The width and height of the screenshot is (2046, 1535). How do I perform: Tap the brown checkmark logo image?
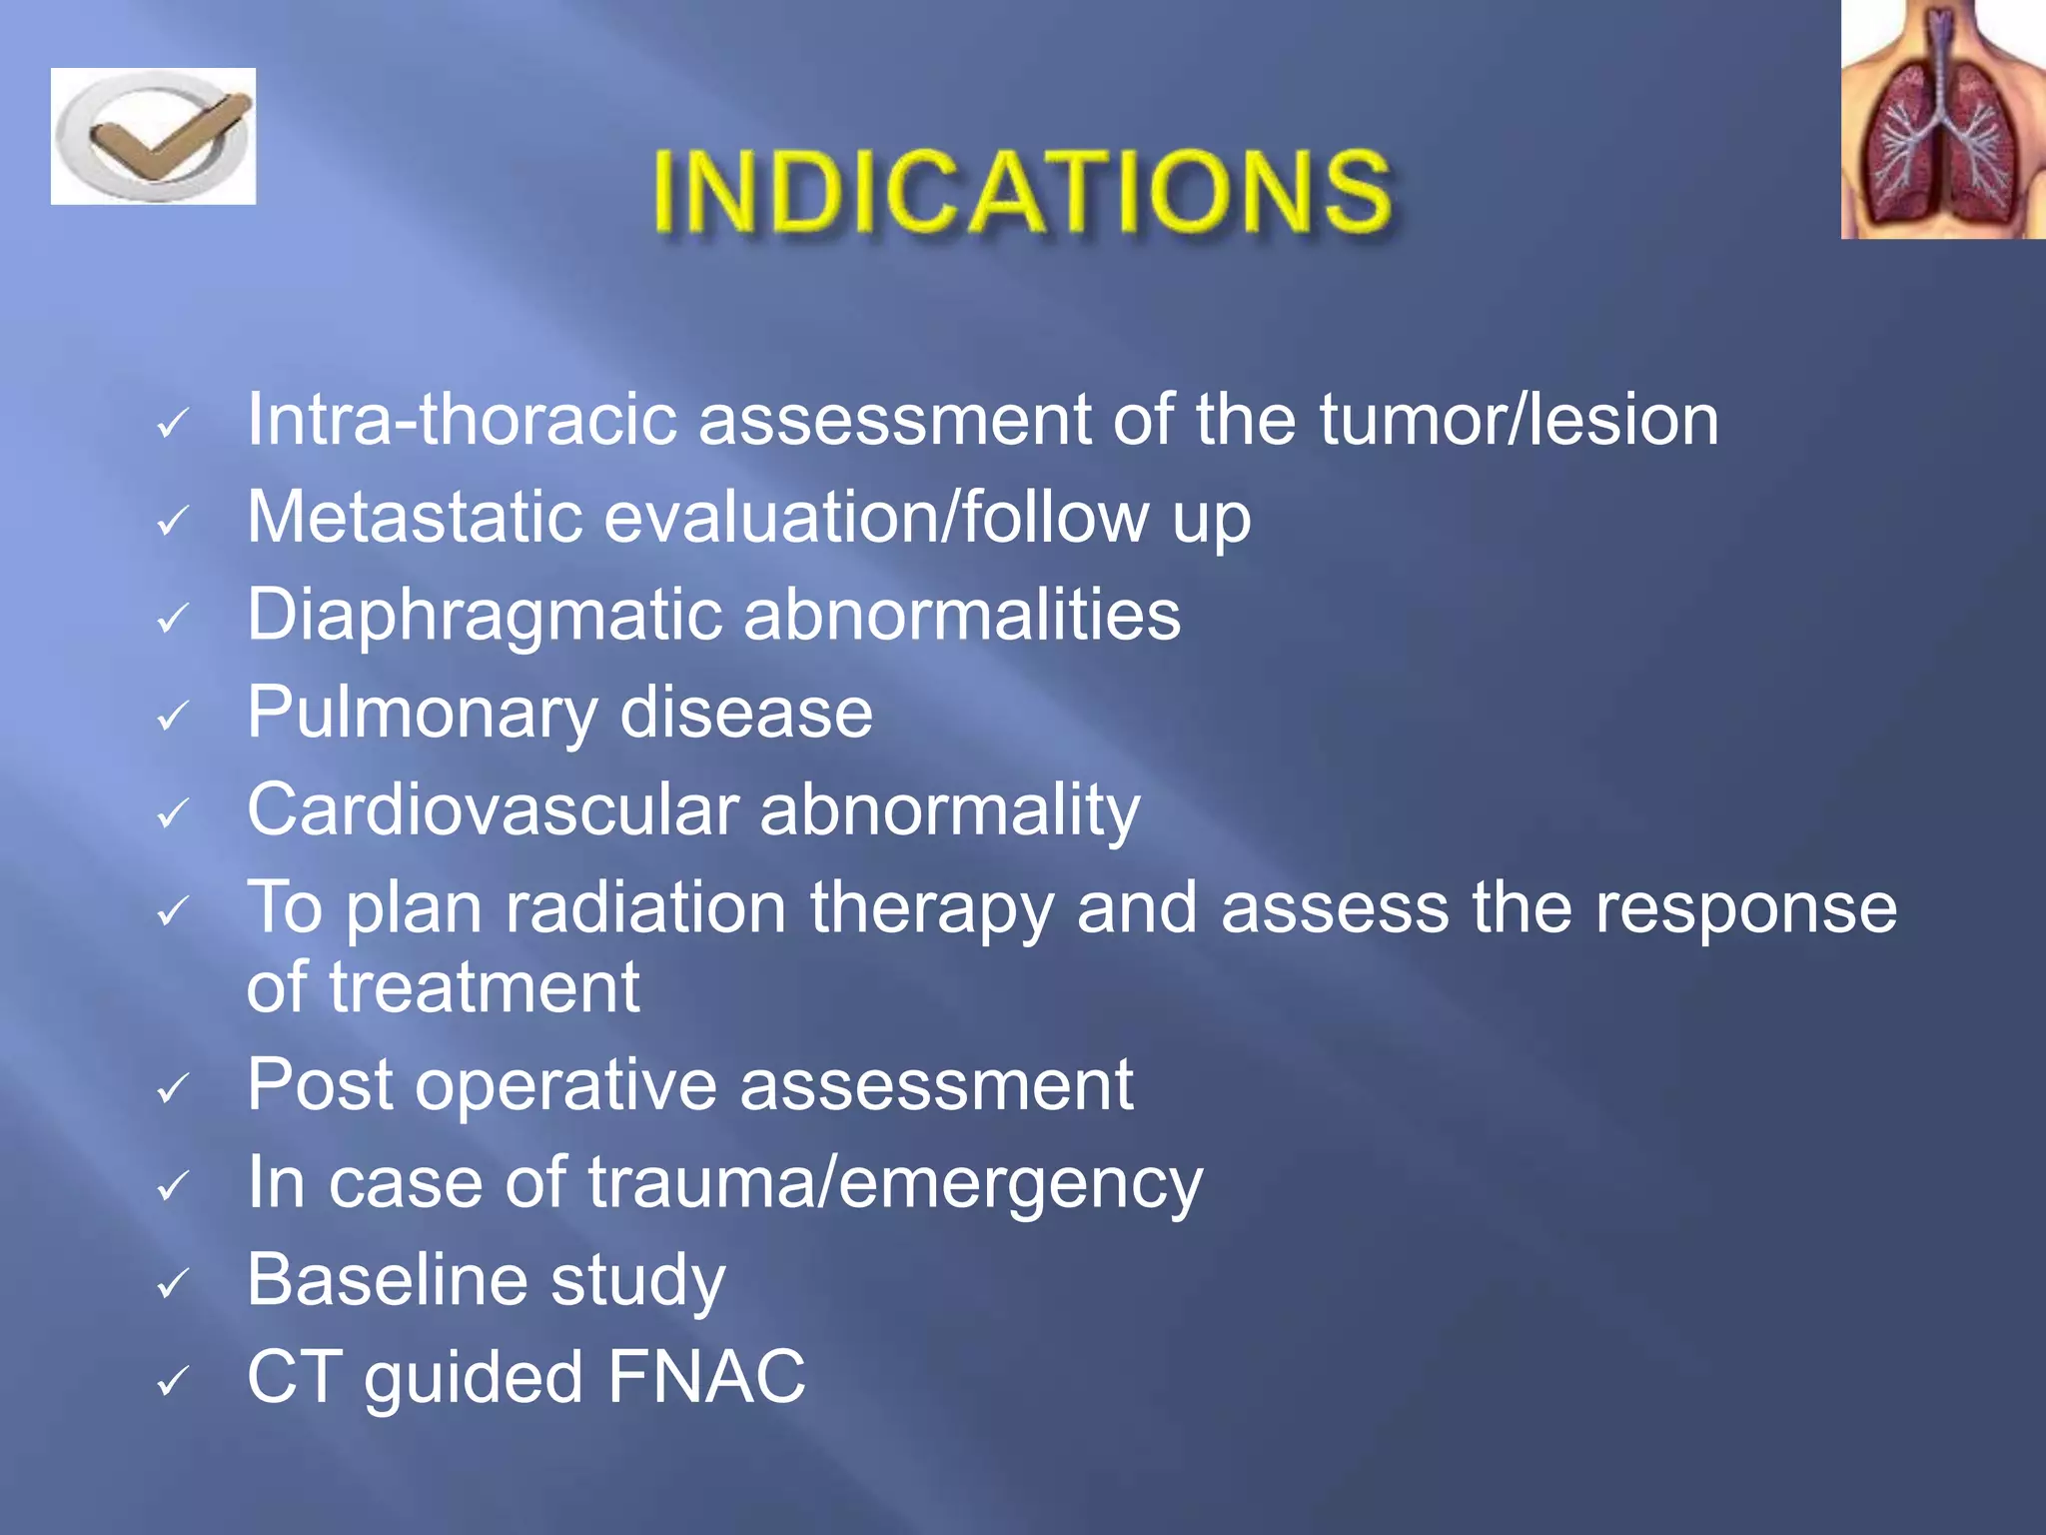[x=153, y=137]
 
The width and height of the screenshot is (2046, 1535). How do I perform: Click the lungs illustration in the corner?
[x=1942, y=120]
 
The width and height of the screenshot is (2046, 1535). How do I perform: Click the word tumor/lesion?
[x=1519, y=420]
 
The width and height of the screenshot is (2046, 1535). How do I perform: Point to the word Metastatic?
[x=414, y=518]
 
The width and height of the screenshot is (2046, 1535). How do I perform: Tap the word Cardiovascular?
[x=493, y=810]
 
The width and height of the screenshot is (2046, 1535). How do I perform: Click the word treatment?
[x=485, y=987]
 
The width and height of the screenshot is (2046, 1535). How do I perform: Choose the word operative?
[x=565, y=1085]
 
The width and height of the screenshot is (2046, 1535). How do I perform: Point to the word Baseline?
[x=388, y=1280]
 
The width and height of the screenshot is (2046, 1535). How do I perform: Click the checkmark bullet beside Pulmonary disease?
[x=173, y=716]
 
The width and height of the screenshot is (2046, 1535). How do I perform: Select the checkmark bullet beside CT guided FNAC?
[x=173, y=1380]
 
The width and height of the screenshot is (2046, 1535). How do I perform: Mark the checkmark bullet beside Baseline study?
[x=173, y=1282]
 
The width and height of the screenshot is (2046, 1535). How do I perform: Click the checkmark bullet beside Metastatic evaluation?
[x=173, y=520]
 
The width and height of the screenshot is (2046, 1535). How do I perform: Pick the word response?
[x=1744, y=908]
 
